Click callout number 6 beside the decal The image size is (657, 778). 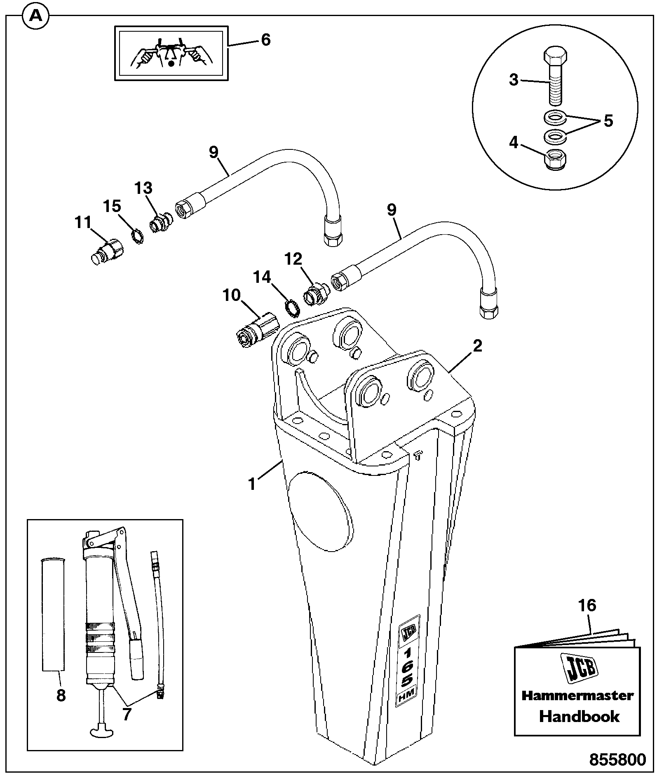pyautogui.click(x=265, y=40)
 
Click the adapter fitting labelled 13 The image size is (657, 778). pyautogui.click(x=160, y=223)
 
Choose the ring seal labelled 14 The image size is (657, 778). pyautogui.click(x=292, y=308)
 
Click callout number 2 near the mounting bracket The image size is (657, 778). pyautogui.click(x=477, y=346)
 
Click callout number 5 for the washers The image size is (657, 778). pyautogui.click(x=608, y=121)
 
